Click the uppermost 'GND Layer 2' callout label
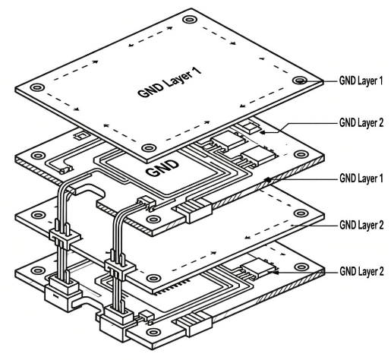(358, 122)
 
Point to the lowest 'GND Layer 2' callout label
(358, 270)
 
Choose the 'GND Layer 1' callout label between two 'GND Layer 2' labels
(358, 179)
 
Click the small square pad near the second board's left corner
(78, 137)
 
